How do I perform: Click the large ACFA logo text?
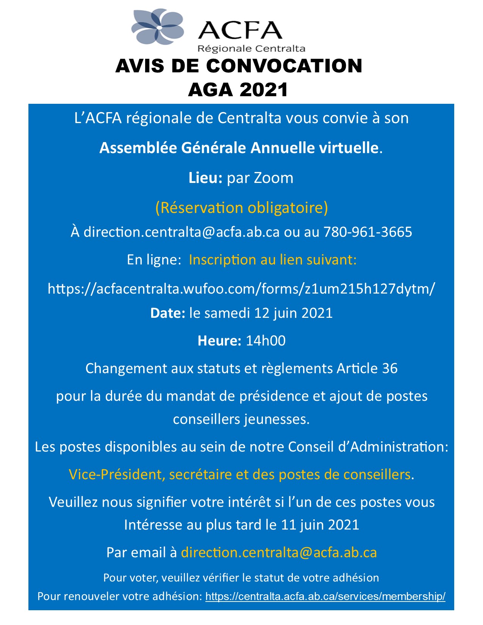[240, 30]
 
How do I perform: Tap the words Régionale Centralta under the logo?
[251, 48]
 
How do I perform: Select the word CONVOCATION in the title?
[284, 66]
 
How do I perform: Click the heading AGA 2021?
[238, 90]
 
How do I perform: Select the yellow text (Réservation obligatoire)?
[241, 208]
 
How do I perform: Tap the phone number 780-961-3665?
[367, 232]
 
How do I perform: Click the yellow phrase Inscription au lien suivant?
[273, 260]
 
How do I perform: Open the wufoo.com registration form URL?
[241, 289]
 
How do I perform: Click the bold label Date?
[167, 313]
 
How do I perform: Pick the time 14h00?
[266, 341]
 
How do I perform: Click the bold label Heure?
[219, 341]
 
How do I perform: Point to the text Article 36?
[367, 369]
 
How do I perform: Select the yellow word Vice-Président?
[117, 475]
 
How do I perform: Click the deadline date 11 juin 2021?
[320, 525]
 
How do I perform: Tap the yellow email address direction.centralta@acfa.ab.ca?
[279, 553]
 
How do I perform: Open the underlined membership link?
[325, 597]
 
